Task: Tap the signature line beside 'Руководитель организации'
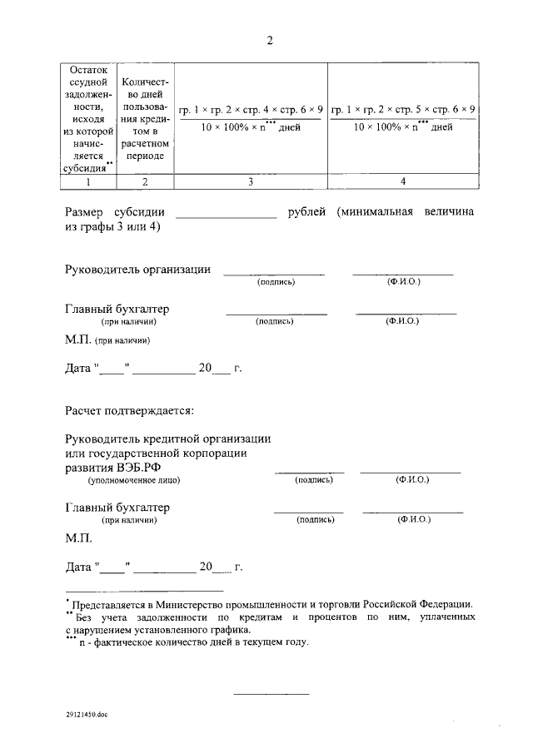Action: click(274, 273)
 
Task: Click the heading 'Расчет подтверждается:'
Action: click(129, 409)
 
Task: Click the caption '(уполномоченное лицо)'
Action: click(135, 481)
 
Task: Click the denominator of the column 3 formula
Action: click(250, 127)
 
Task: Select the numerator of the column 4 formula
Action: click(403, 110)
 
